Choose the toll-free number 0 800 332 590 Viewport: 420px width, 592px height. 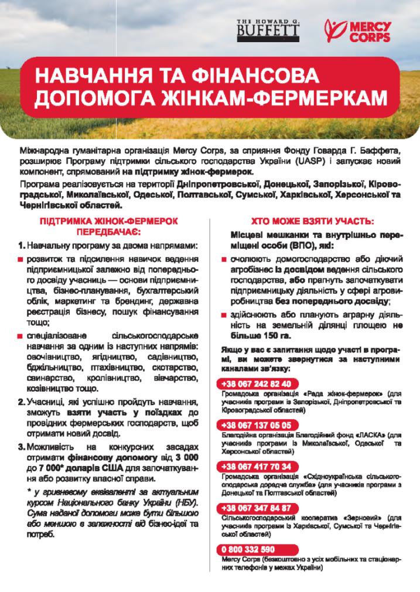[x=248, y=549]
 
